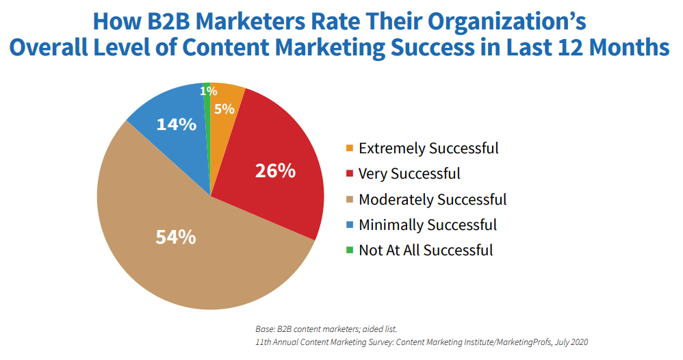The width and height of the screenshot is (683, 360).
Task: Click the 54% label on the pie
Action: click(x=177, y=237)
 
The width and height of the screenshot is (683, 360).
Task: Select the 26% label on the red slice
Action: click(x=275, y=170)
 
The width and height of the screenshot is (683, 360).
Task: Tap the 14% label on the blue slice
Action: click(x=177, y=125)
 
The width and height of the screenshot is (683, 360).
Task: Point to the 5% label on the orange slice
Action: click(x=224, y=108)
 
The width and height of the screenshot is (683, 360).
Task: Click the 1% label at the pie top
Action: click(x=208, y=90)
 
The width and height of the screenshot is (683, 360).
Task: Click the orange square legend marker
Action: click(x=350, y=149)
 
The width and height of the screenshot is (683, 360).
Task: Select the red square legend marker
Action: click(x=350, y=174)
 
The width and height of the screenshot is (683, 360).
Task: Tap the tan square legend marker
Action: click(x=350, y=200)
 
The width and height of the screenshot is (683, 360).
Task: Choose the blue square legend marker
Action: click(x=350, y=225)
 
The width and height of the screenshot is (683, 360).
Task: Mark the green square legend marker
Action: click(x=350, y=250)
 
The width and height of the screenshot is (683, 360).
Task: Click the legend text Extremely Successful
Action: click(x=428, y=148)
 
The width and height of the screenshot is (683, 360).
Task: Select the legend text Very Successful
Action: click(x=409, y=174)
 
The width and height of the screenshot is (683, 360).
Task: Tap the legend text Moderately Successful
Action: click(x=433, y=200)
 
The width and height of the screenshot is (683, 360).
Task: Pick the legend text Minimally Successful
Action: click(x=428, y=225)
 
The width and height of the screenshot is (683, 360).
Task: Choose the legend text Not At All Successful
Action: click(x=426, y=250)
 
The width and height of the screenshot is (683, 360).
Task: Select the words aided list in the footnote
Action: click(x=380, y=329)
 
